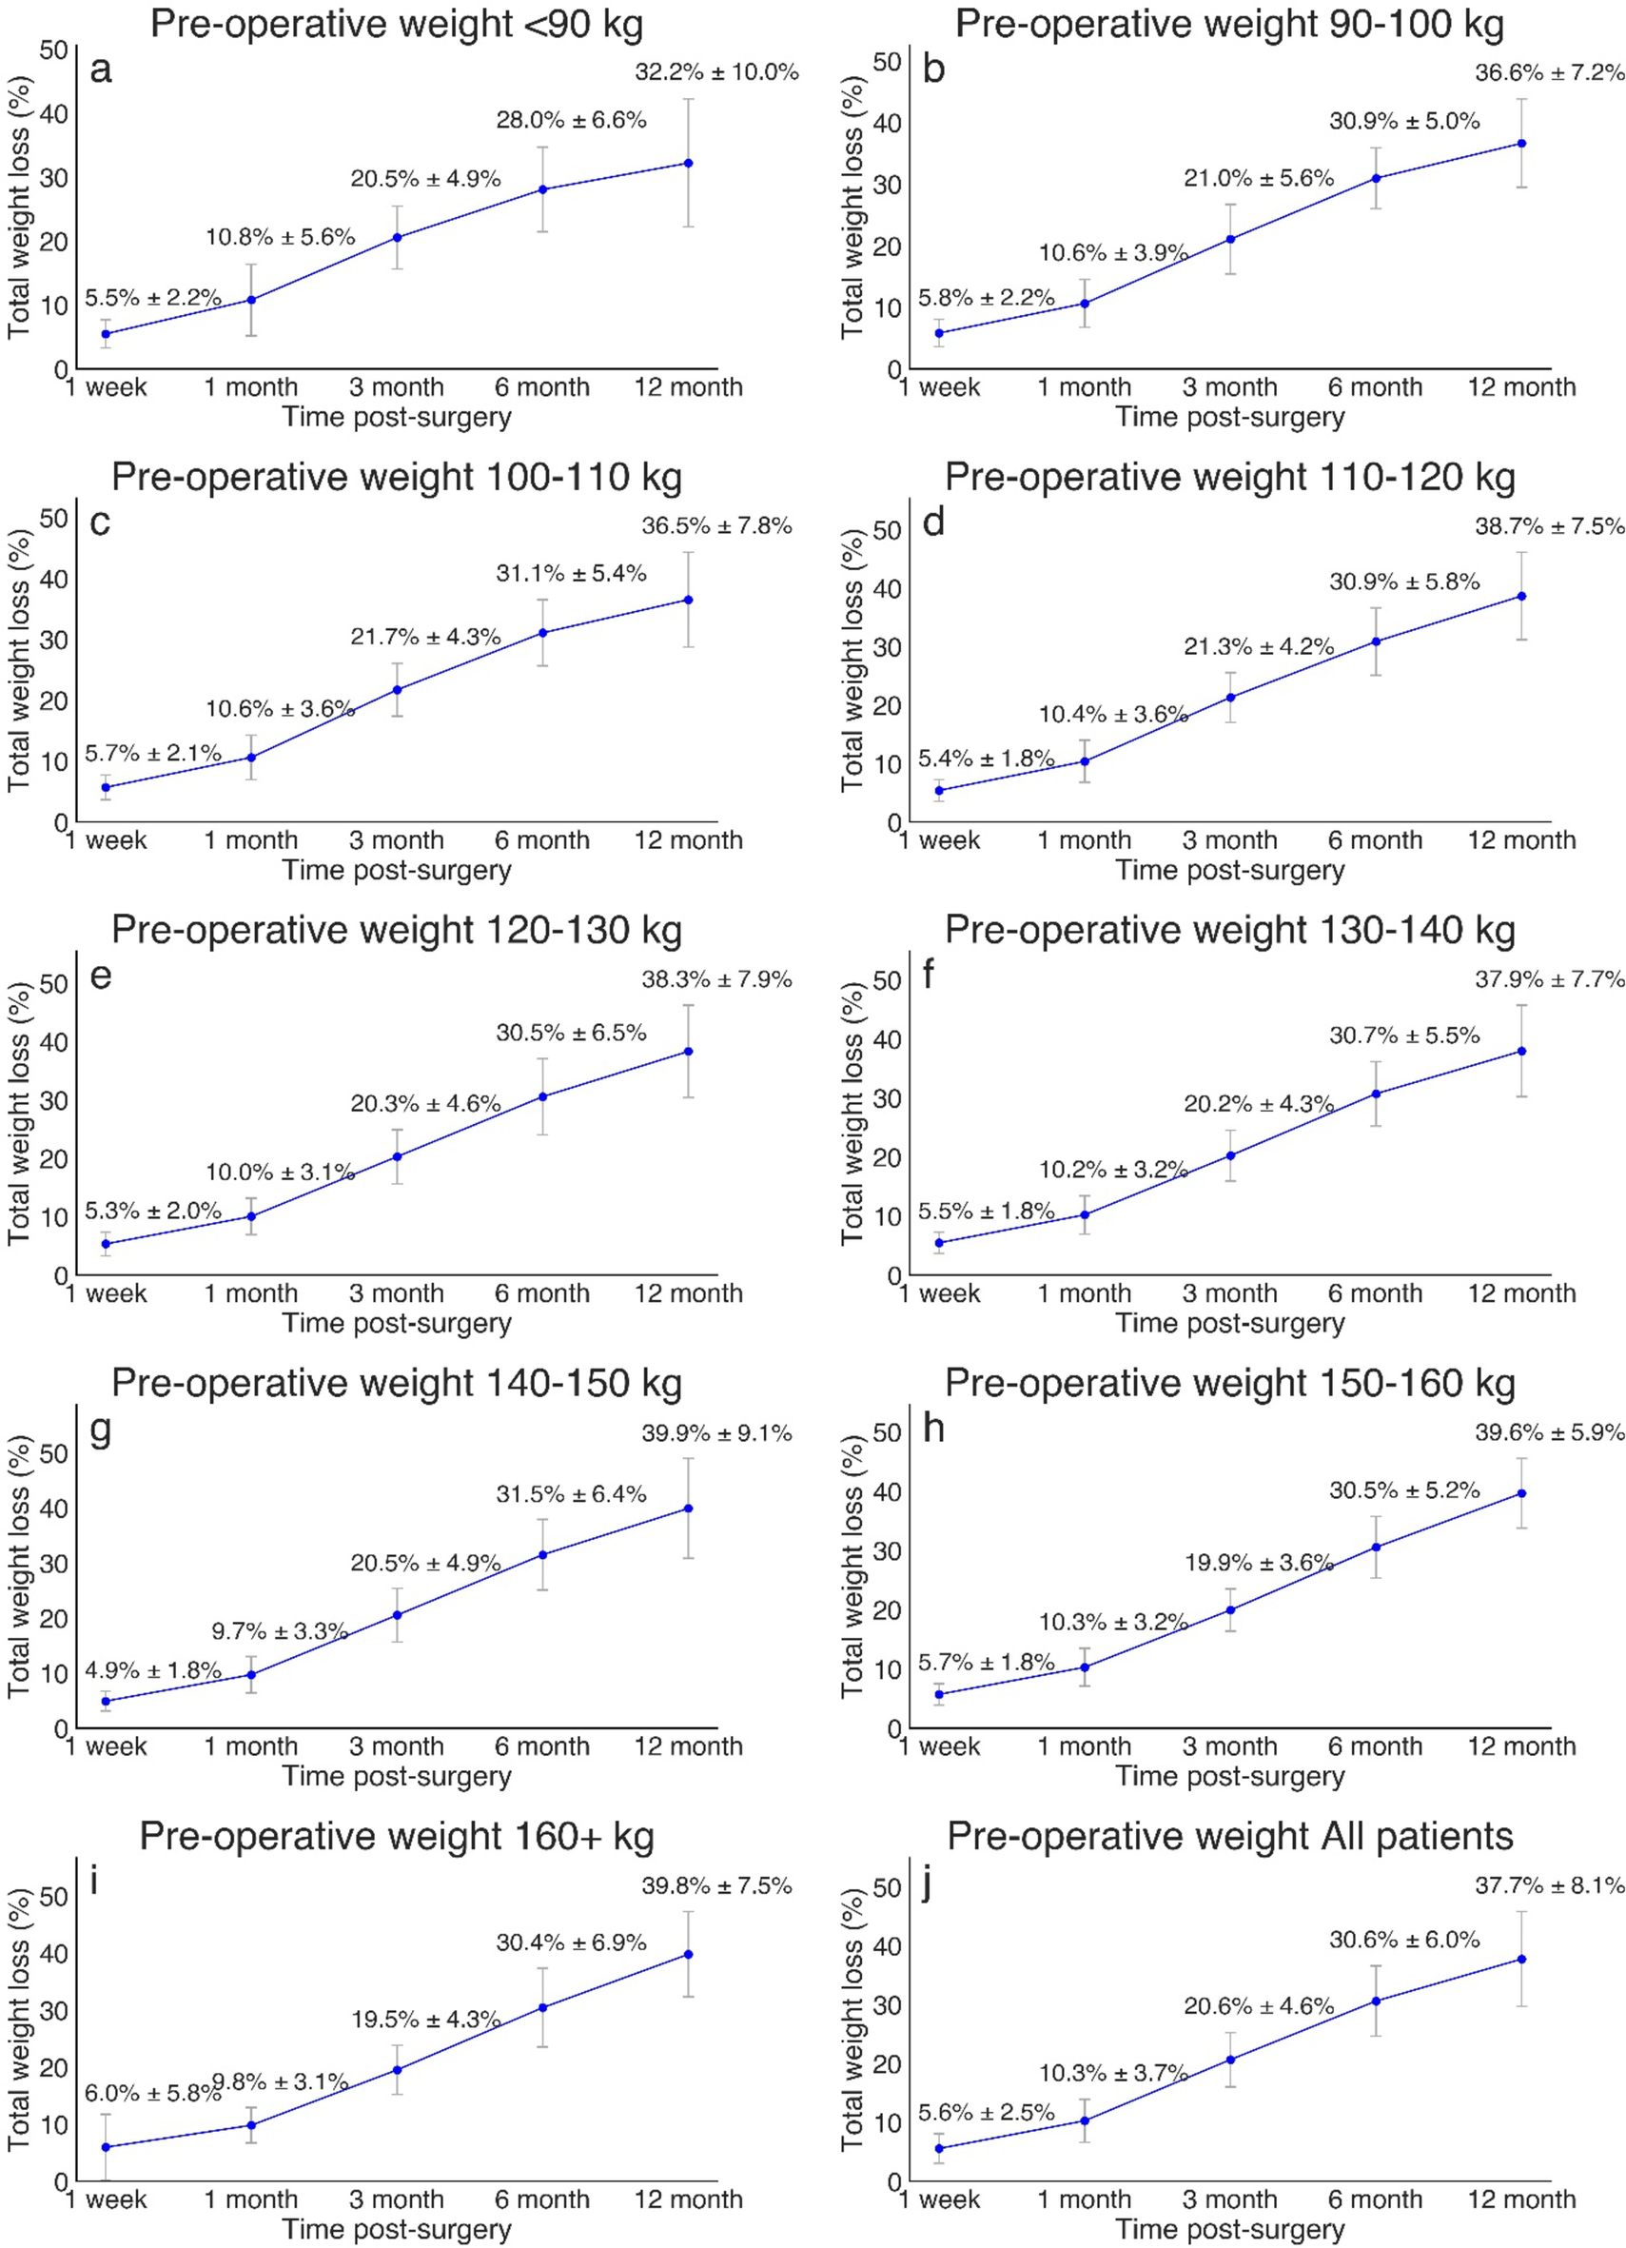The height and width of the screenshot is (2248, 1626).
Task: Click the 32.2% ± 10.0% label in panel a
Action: tap(716, 72)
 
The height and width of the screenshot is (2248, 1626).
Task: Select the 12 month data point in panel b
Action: tap(1521, 144)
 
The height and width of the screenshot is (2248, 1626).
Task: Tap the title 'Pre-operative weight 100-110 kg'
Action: tap(397, 477)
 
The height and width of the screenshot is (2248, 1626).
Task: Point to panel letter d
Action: tap(933, 522)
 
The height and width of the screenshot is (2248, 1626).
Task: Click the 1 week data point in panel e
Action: tap(105, 1244)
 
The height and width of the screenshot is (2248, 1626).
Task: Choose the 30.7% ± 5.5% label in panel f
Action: tap(1404, 1035)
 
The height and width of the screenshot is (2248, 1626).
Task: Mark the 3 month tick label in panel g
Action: tap(397, 1746)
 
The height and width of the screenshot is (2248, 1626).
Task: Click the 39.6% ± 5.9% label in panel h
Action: tap(1550, 1432)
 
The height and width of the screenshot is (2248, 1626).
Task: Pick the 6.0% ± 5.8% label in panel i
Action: tap(152, 2094)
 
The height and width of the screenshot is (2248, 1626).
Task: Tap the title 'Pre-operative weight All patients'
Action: tap(1229, 1836)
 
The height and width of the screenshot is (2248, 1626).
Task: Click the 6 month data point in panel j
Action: tap(1376, 2002)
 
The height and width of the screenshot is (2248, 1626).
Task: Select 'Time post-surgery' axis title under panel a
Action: tap(397, 417)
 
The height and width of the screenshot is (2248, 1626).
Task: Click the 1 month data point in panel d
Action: tap(1084, 761)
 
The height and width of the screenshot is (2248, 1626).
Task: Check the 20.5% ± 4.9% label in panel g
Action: tap(425, 1563)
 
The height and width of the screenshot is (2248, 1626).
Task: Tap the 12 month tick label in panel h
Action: tap(1521, 1746)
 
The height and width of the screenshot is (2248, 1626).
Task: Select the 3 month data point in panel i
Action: tap(397, 2070)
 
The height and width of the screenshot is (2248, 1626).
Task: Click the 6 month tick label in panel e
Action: tap(542, 1293)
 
